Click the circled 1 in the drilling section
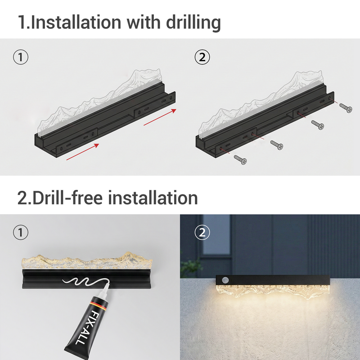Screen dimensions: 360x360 [x=21, y=57]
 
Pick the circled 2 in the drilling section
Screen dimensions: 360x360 [x=202, y=57]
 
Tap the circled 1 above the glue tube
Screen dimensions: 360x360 [x=21, y=233]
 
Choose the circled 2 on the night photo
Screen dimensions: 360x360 [x=202, y=233]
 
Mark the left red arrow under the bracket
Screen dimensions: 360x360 [x=82, y=152]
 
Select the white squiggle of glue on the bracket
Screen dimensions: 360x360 [x=81, y=283]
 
